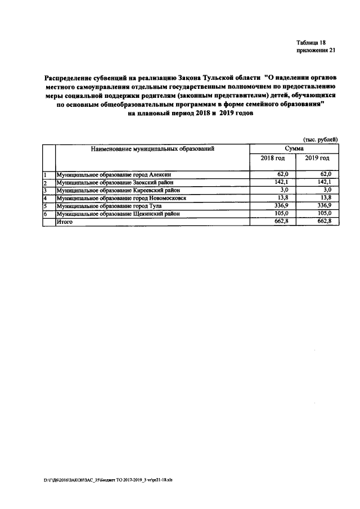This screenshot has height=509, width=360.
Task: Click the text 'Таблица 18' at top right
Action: pyautogui.click(x=310, y=43)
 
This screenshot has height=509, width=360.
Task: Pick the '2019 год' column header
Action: pyautogui.click(x=317, y=160)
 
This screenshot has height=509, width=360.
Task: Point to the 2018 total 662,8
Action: pyautogui.click(x=279, y=222)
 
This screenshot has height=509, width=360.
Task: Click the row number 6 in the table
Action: pyautogui.click(x=45, y=214)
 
